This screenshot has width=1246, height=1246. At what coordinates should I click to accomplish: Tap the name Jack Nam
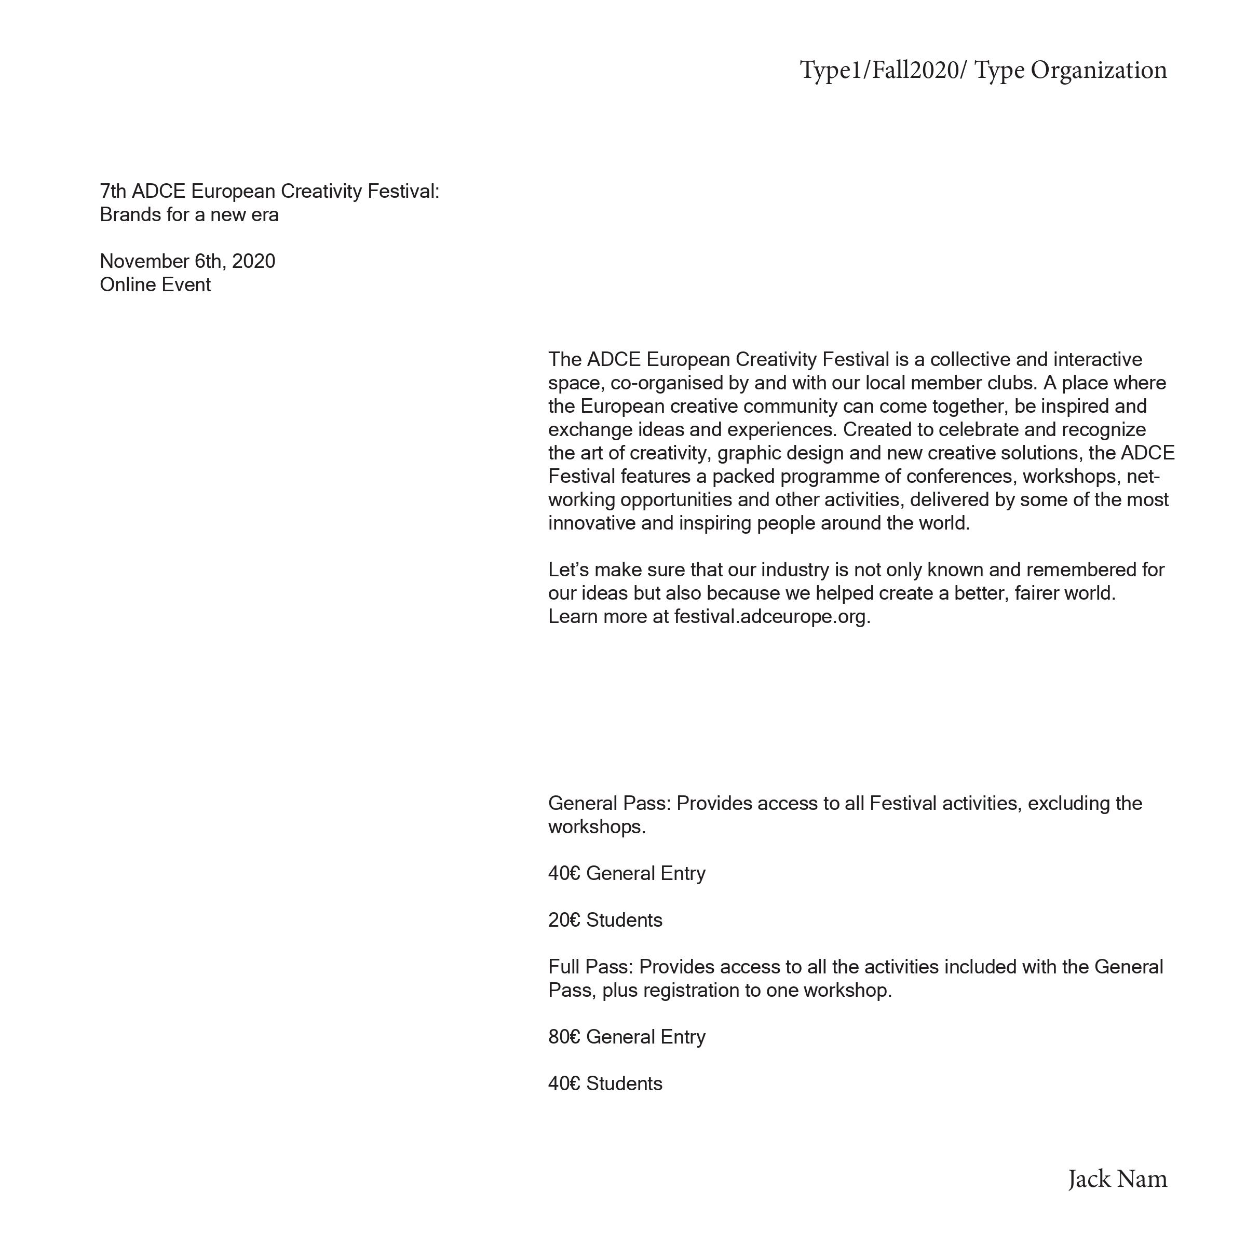[1117, 1179]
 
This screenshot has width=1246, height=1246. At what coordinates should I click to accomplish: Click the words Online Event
[155, 285]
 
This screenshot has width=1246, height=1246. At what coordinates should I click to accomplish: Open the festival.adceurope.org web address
[771, 617]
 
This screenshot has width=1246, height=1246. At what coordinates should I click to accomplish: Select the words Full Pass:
[591, 967]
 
